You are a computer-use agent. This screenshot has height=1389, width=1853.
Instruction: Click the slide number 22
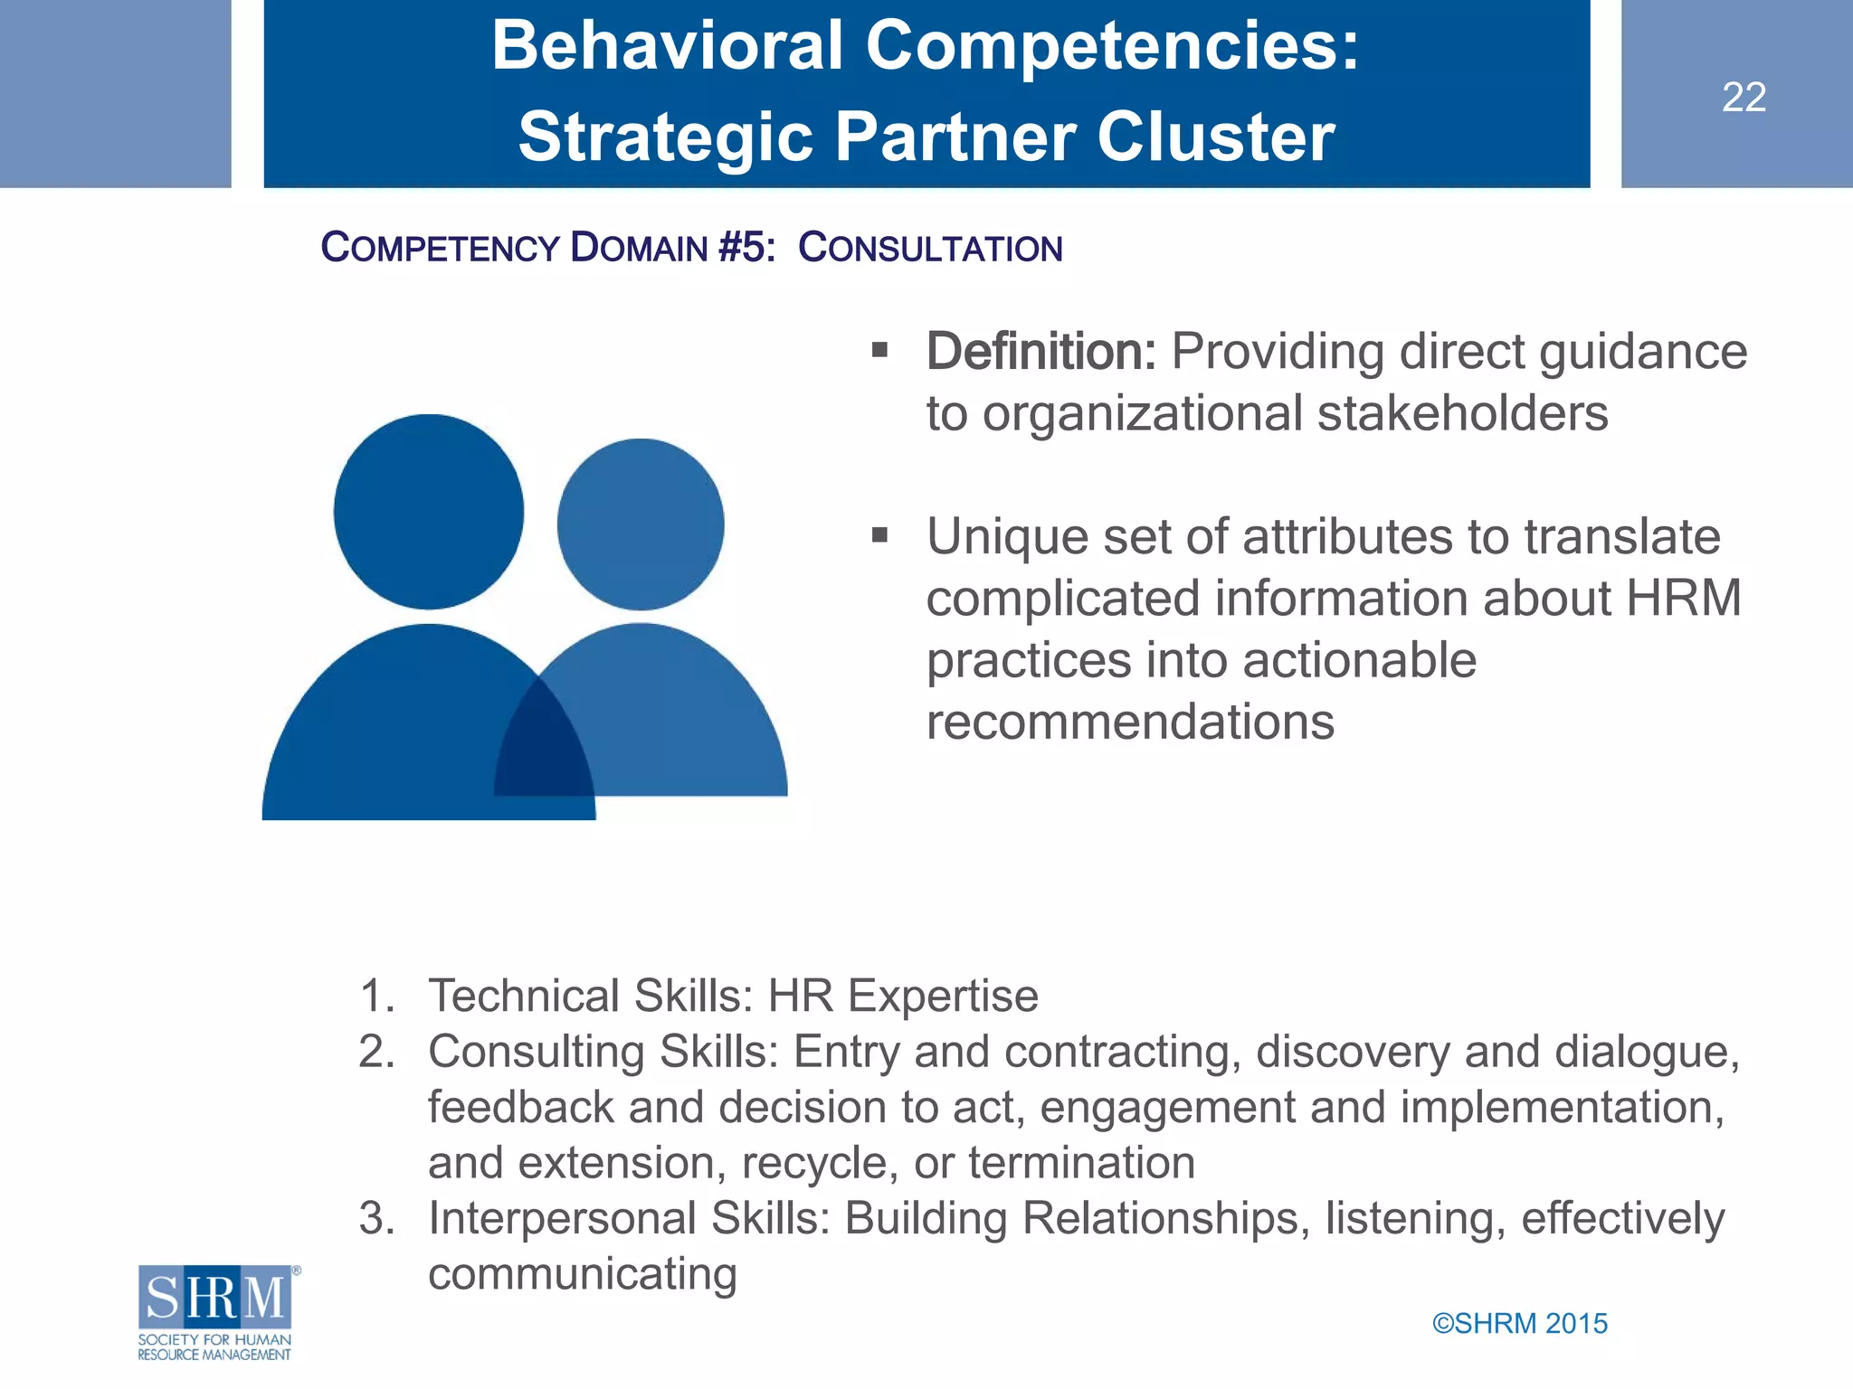pyautogui.click(x=1744, y=97)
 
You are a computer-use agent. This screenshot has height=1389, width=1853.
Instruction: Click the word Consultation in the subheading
pyautogui.click(x=930, y=248)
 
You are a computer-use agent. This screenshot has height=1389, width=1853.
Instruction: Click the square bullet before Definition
pyautogui.click(x=879, y=350)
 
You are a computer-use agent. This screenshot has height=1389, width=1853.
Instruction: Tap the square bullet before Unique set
pyautogui.click(x=879, y=535)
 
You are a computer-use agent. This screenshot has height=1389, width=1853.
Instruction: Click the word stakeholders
pyautogui.click(x=1462, y=413)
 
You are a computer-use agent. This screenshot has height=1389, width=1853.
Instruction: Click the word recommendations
pyautogui.click(x=1130, y=722)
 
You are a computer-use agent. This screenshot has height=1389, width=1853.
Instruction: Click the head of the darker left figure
pyautogui.click(x=428, y=511)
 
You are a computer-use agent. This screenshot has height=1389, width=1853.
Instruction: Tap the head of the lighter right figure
pyautogui.click(x=641, y=524)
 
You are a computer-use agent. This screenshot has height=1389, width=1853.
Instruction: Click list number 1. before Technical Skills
pyautogui.click(x=376, y=996)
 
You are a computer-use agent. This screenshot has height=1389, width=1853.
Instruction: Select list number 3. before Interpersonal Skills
pyautogui.click(x=376, y=1218)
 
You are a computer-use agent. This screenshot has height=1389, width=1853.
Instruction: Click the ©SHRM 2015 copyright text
pyautogui.click(x=1519, y=1323)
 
